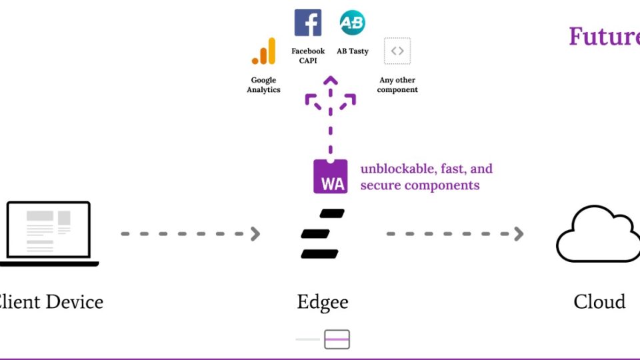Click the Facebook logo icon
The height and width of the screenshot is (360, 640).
[308, 23]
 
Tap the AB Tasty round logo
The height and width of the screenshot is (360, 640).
[352, 23]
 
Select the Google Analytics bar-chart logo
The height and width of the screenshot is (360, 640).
[264, 51]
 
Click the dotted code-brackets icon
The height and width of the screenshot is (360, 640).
[397, 51]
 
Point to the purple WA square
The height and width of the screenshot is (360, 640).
[331, 177]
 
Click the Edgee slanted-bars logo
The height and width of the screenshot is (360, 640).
[323, 233]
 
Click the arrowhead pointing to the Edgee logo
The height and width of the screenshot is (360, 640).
[255, 234]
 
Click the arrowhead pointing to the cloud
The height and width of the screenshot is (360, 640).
[518, 234]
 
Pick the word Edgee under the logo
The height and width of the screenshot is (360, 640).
[323, 302]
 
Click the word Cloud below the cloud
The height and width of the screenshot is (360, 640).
[599, 301]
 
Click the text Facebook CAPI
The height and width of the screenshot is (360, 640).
[308, 55]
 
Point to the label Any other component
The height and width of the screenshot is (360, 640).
[397, 85]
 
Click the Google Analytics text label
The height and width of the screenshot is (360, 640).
[264, 85]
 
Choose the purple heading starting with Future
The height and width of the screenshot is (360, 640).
[603, 37]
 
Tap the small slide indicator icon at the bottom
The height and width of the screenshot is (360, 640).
[337, 339]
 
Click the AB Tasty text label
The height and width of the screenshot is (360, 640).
[353, 51]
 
